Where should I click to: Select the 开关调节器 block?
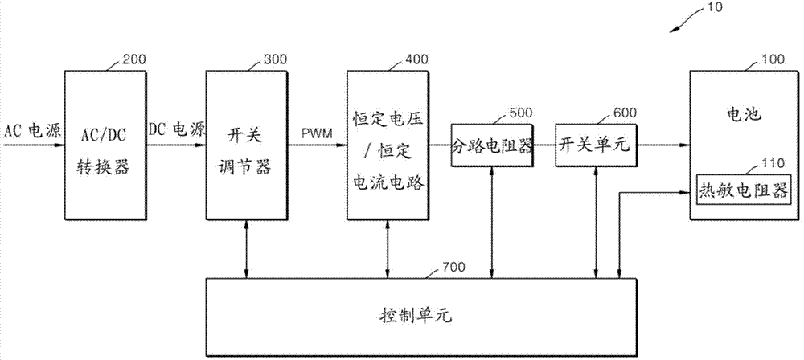(245, 145)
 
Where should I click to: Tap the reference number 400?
(413, 59)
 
